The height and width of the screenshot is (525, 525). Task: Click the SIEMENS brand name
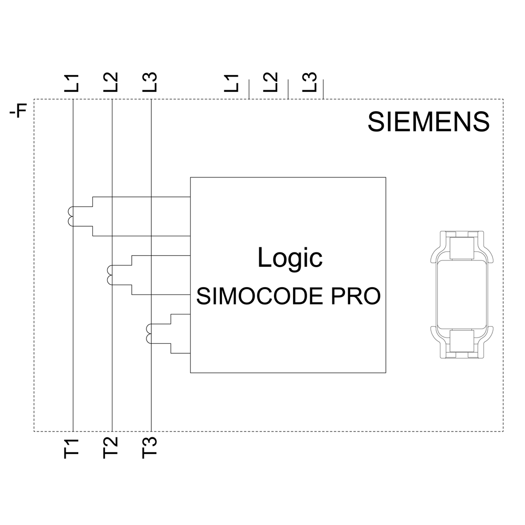428,122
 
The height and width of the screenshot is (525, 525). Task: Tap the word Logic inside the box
290,258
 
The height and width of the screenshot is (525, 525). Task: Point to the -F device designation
18,112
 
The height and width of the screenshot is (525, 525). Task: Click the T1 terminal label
72,447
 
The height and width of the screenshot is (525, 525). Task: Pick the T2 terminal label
111,447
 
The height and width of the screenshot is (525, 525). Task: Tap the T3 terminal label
150,447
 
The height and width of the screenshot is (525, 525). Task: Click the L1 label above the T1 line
72,82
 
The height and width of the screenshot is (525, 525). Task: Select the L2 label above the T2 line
111,82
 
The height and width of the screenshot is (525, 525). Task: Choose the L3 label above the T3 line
150,82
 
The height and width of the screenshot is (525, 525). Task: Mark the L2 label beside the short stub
270,82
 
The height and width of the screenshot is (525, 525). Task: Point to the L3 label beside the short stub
311,82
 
